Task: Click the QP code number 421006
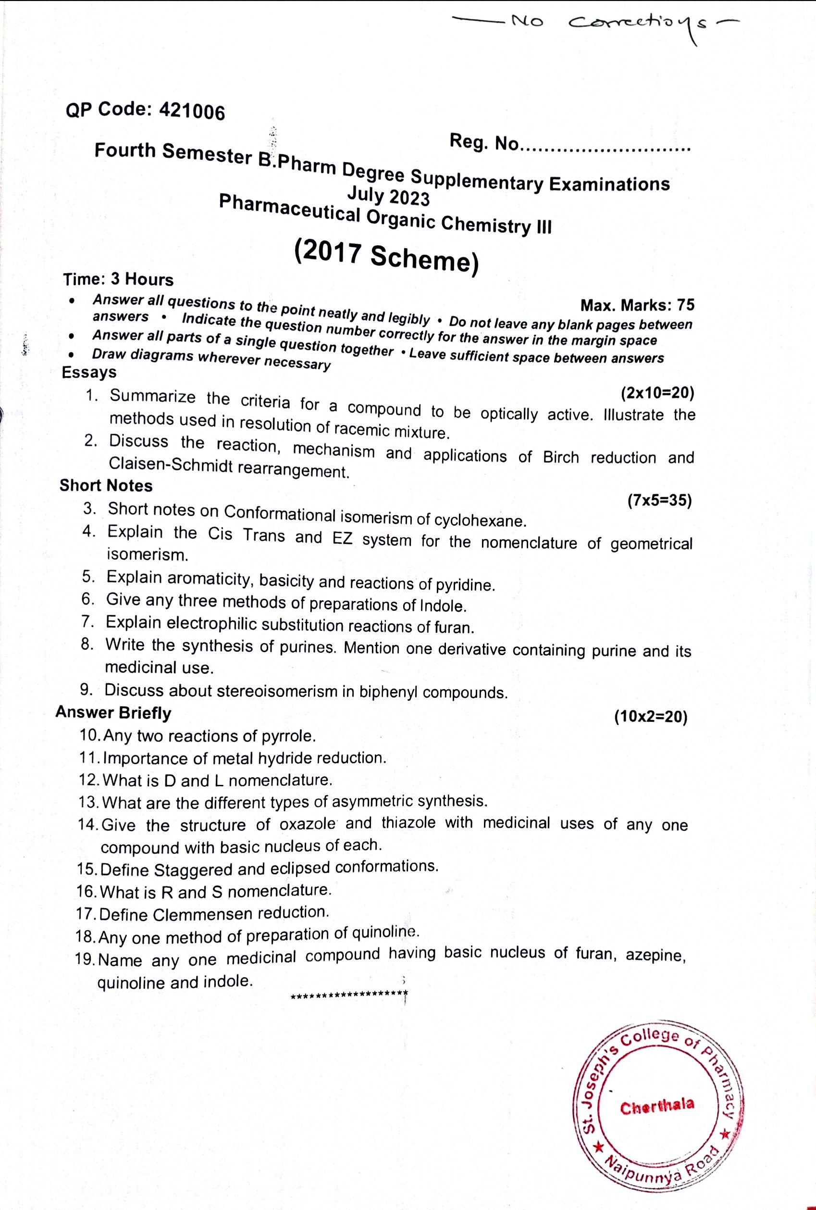[x=193, y=111]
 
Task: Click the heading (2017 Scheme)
[x=386, y=256]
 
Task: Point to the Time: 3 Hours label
[x=118, y=279]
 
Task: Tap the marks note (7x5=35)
[x=659, y=501]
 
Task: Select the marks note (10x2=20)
[x=651, y=717]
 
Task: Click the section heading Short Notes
[x=106, y=485]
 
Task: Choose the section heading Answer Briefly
[x=113, y=712]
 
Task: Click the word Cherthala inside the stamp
[x=657, y=1105]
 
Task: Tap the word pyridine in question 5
[x=465, y=585]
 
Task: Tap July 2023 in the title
[x=388, y=196]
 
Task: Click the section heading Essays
[x=89, y=372]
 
